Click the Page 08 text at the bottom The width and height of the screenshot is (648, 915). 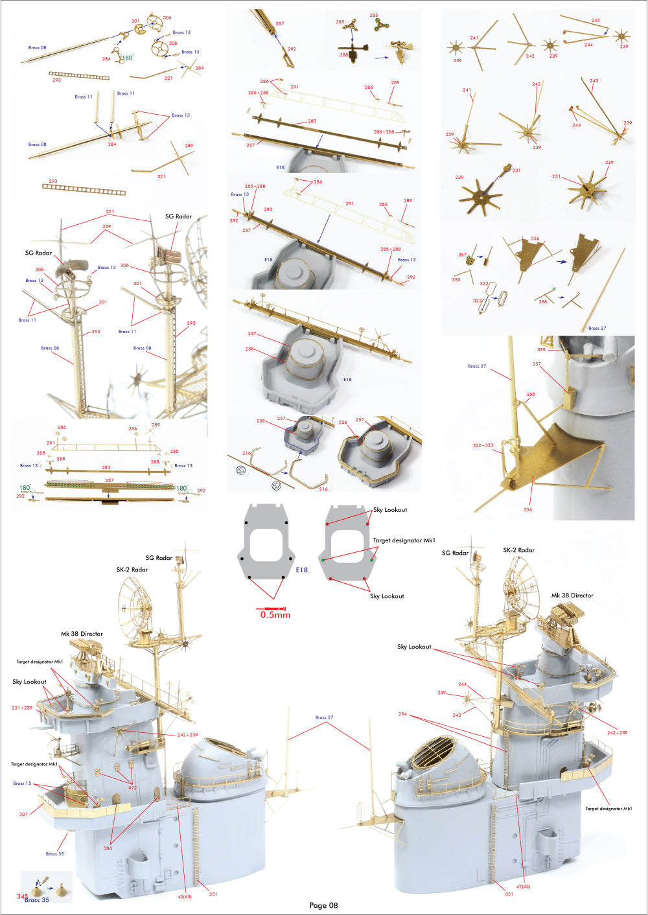[323, 905]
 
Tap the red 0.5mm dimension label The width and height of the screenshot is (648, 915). [275, 615]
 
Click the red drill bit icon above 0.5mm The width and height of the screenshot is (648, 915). [272, 608]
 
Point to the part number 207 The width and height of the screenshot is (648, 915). [24, 814]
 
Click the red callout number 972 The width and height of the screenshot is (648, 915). [132, 788]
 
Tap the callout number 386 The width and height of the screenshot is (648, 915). [108, 848]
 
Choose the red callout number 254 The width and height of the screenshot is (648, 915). [403, 714]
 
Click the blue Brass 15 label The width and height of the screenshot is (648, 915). [22, 783]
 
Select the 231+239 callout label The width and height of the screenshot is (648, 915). [21, 708]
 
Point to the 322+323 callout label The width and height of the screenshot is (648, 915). [483, 445]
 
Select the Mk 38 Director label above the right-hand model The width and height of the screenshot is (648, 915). [572, 595]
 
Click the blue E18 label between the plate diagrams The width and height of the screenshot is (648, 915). [301, 570]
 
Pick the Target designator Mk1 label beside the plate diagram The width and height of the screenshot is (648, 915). [404, 540]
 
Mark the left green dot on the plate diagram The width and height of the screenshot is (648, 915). [323, 560]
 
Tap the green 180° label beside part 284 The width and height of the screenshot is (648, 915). [126, 58]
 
